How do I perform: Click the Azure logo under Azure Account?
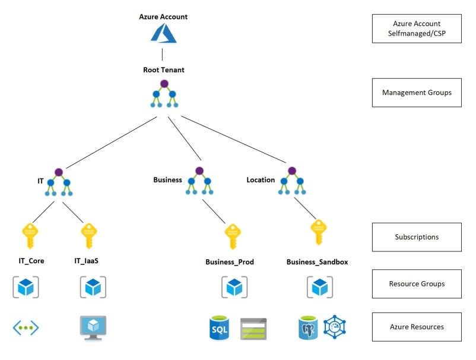coord(163,33)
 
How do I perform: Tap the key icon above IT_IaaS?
coord(88,237)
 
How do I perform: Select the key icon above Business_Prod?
coord(233,237)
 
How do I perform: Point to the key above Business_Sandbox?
coord(319,232)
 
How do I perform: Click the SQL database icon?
coord(220,328)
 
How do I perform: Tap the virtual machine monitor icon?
coord(93,327)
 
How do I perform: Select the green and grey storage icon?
coord(253,328)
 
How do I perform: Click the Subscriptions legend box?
coord(417,237)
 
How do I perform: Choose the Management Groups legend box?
coord(417,93)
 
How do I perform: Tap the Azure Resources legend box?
coord(417,327)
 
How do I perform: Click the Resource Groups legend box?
coord(417,284)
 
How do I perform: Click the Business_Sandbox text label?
coord(317,262)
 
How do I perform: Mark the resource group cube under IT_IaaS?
coord(93,288)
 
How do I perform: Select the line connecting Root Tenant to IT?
coord(110,142)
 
